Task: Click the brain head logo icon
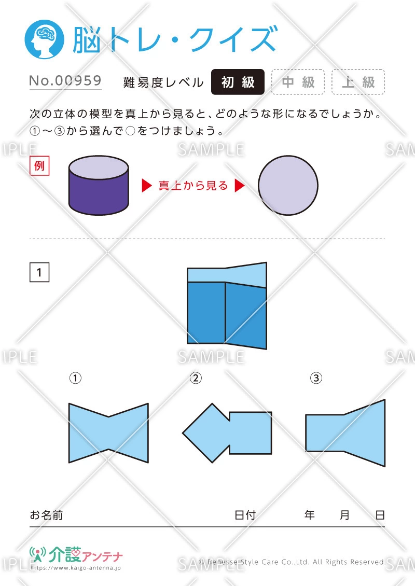point(44,39)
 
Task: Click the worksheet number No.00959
point(65,81)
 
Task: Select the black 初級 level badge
point(238,82)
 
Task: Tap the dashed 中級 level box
point(298,82)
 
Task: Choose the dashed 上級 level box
point(358,82)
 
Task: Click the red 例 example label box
point(39,165)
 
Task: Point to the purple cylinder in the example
point(99,185)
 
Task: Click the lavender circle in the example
point(288,185)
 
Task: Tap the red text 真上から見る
point(193,185)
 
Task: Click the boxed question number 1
point(39,272)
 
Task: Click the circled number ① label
point(75,378)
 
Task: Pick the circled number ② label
point(196,378)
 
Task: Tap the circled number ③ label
point(316,378)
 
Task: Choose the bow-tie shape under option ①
point(108,433)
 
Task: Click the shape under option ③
point(345,433)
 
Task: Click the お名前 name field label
point(46,515)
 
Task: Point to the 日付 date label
point(245,515)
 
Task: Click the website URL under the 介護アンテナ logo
point(76,568)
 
